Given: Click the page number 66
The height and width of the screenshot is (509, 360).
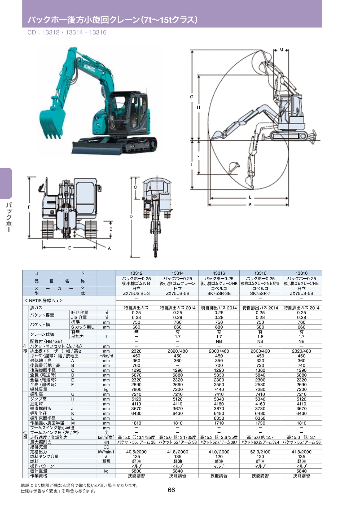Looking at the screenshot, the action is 171,490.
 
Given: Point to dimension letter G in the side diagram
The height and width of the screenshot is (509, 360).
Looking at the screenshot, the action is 192,97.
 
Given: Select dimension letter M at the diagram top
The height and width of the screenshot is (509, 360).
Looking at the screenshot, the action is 281,50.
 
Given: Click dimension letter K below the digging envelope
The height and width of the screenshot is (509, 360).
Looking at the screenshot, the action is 250,204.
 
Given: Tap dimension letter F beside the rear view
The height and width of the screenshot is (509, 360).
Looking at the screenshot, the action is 29,207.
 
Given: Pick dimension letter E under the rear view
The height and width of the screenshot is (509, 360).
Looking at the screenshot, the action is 69,248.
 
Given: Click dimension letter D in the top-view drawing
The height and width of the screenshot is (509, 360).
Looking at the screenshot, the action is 131,217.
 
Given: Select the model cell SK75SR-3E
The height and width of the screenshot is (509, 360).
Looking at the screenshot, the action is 219,293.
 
